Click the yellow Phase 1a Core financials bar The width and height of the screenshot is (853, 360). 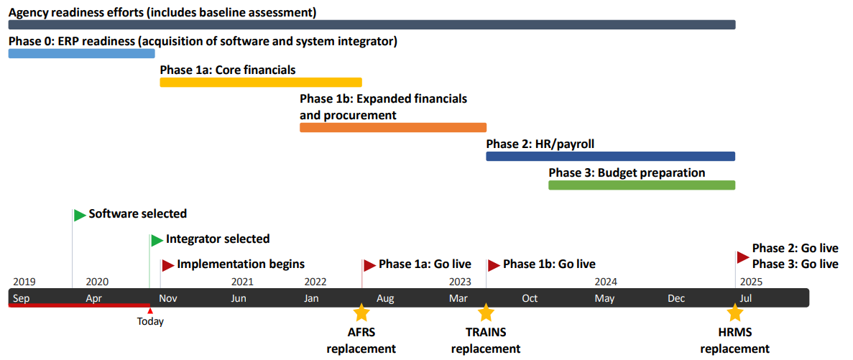pos(261,82)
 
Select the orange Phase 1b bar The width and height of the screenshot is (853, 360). pos(393,127)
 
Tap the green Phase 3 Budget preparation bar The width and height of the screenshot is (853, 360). pos(642,185)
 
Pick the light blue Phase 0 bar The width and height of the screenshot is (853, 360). pos(82,53)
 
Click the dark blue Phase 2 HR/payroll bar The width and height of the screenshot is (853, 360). pos(610,156)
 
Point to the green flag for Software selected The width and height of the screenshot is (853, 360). pos(80,215)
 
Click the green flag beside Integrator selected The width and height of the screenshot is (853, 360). pos(157,240)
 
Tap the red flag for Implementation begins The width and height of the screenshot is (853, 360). pos(167,265)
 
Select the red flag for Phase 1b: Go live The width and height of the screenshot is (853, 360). pos(494,265)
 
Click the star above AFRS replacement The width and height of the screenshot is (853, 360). pos(361,313)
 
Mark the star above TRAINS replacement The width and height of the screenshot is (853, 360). pos(485,313)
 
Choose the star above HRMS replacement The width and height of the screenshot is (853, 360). pos(735,313)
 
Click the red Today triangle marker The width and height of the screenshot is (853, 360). pos(150,310)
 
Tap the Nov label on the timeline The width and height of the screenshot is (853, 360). pos(169,298)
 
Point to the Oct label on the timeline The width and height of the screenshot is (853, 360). pos(530,298)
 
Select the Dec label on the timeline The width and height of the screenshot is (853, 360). pos(676,298)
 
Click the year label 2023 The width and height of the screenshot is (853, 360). pos(460,282)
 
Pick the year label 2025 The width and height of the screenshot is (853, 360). pos(751,282)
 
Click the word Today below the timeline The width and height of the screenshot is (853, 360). pos(150,322)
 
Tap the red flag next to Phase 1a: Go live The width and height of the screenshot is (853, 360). pos(369,265)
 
